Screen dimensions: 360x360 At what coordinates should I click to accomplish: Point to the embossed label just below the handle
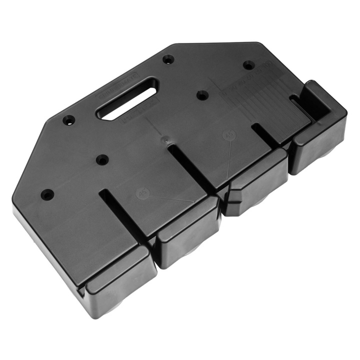[x=137, y=112]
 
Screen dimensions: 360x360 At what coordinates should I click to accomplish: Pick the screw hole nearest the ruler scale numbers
[x=248, y=65]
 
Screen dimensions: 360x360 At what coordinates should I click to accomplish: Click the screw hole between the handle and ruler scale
[x=202, y=95]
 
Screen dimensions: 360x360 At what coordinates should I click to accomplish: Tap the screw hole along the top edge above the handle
[x=168, y=59]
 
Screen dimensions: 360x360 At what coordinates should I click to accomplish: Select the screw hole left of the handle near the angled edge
[x=69, y=120]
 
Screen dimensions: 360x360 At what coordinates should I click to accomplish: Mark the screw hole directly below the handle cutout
[x=102, y=160]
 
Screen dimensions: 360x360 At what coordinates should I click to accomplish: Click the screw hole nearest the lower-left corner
[x=47, y=194]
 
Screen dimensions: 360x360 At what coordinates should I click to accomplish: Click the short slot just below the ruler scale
[x=265, y=135]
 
